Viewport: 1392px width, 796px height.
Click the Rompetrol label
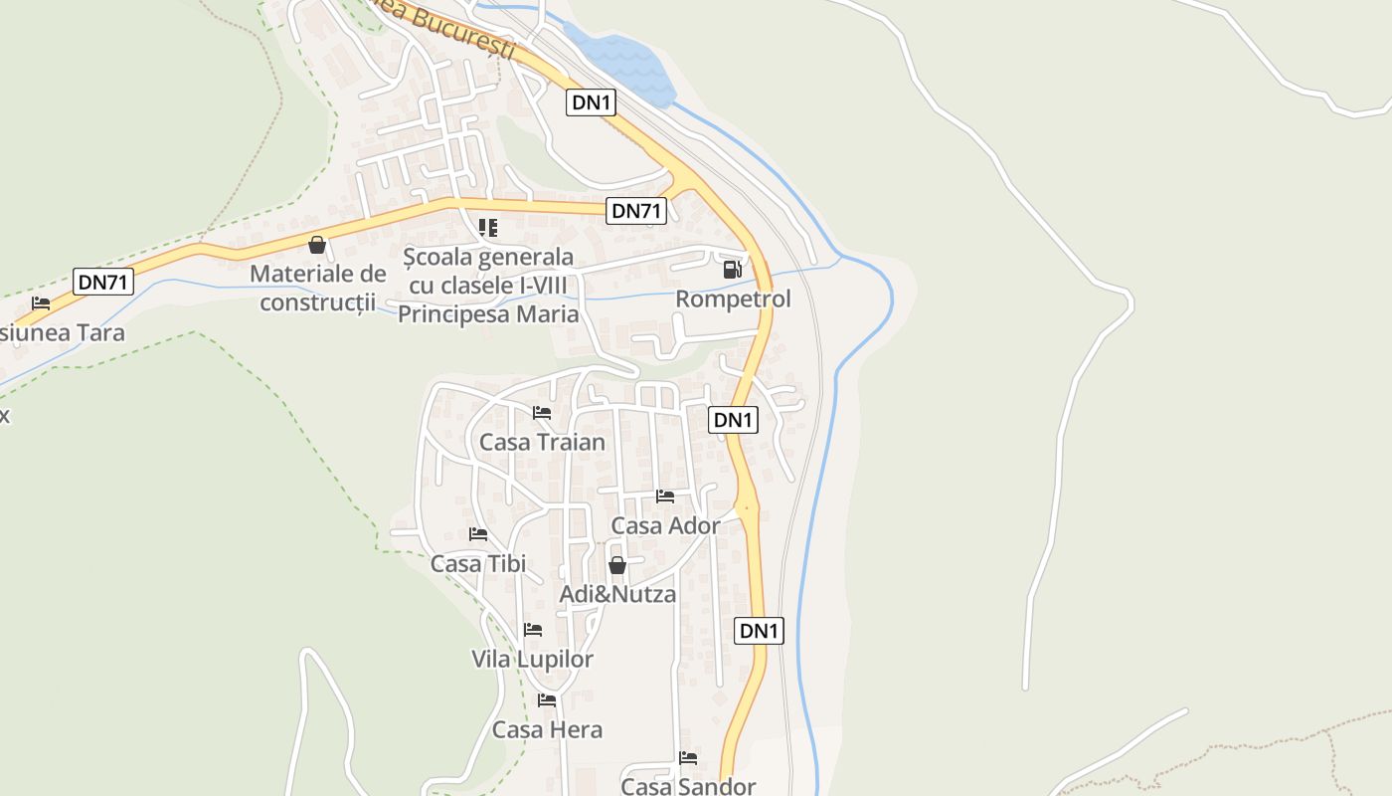coord(733,298)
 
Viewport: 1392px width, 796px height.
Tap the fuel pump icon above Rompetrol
coord(732,269)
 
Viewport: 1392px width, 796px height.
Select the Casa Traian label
coord(542,442)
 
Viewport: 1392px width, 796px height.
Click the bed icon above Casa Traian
coord(542,412)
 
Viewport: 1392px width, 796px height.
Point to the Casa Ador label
coord(665,525)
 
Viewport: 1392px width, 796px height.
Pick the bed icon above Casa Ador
coord(665,496)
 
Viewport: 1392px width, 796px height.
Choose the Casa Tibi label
coord(478,564)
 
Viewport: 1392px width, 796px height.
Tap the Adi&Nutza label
coord(617,594)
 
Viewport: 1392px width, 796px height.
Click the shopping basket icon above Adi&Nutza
coord(616,565)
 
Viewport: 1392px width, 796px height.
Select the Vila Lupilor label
coord(532,659)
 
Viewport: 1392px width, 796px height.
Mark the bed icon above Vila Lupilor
coord(533,630)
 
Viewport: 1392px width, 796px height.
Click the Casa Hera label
coord(547,729)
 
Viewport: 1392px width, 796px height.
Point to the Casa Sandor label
coord(688,786)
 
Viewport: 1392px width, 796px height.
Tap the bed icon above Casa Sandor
coord(688,758)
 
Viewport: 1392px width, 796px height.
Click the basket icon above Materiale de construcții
coord(317,245)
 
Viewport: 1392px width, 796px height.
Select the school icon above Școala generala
coord(488,228)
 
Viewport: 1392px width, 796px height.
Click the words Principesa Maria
coord(488,314)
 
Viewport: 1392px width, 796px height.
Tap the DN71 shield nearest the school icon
coord(636,210)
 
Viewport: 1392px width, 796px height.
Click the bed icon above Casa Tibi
coord(478,534)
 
